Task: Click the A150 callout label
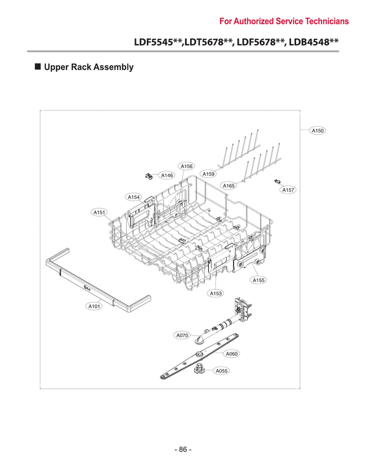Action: click(x=318, y=131)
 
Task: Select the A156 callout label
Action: click(x=187, y=166)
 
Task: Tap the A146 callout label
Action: click(x=167, y=175)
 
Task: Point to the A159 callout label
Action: click(x=208, y=174)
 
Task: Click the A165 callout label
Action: click(x=228, y=186)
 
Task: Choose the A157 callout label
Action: click(x=288, y=190)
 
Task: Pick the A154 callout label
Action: click(x=134, y=197)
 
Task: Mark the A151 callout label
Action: click(x=100, y=212)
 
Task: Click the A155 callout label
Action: click(x=259, y=280)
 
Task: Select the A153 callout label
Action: click(x=215, y=294)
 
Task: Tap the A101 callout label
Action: click(x=94, y=307)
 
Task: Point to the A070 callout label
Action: click(x=182, y=336)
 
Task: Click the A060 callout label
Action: click(x=231, y=354)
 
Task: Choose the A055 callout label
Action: click(x=221, y=371)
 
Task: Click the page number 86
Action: click(x=183, y=449)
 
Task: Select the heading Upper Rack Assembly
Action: click(x=88, y=67)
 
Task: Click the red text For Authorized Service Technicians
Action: click(x=284, y=21)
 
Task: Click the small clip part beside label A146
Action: click(x=149, y=175)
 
